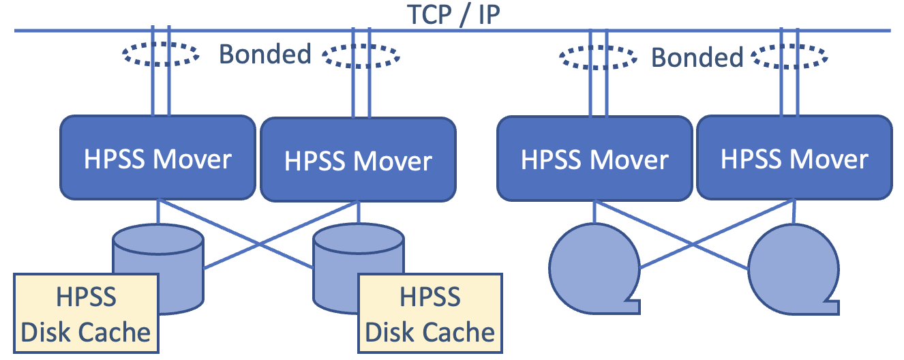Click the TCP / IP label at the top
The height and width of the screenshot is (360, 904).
click(x=453, y=14)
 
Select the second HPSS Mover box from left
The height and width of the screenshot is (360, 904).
click(x=358, y=160)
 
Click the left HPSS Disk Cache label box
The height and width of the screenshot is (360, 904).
click(x=86, y=314)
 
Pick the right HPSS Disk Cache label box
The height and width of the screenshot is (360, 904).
click(x=430, y=314)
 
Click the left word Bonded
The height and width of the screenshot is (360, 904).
click(x=265, y=54)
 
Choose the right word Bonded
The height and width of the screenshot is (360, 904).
click(x=697, y=57)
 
